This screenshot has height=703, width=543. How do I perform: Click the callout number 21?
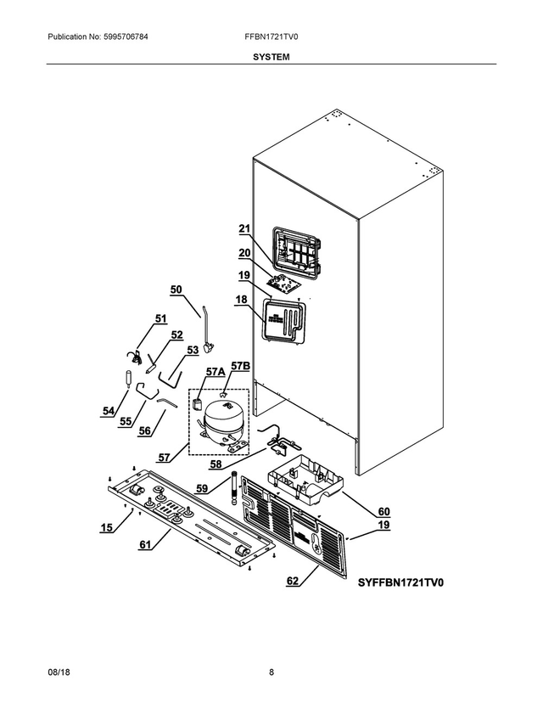click(244, 228)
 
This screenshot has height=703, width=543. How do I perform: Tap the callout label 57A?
click(215, 371)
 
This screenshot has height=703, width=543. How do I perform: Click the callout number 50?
click(176, 290)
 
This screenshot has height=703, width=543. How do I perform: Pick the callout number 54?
click(108, 411)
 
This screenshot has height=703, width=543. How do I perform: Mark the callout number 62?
click(293, 582)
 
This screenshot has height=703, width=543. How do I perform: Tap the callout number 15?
click(107, 527)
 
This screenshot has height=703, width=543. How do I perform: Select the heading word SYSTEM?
click(271, 57)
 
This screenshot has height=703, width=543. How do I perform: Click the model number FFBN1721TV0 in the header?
click(271, 37)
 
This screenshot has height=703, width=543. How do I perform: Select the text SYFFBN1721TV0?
click(400, 582)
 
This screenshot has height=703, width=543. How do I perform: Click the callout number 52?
click(176, 335)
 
